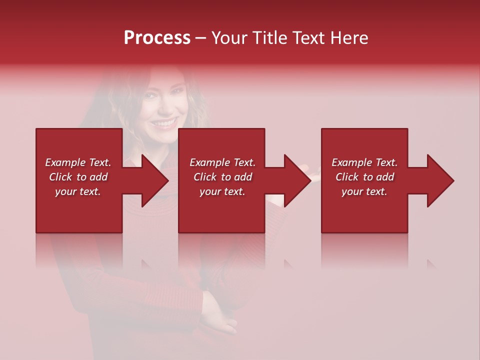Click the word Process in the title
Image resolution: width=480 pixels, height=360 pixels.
tap(157, 38)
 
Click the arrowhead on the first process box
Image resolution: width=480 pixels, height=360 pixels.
tap(152, 180)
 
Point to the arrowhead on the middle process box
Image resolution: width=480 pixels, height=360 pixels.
tap(295, 180)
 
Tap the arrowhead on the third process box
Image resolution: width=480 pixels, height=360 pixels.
tap(438, 180)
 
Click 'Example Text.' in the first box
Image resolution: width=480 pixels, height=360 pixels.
tap(78, 162)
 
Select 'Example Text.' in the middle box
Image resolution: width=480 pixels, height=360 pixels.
tap(222, 162)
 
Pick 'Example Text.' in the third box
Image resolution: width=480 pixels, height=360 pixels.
tap(364, 162)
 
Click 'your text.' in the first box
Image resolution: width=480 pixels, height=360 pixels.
tap(78, 191)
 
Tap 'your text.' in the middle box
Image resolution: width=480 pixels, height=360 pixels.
tap(222, 191)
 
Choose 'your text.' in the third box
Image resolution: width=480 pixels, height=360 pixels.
tap(364, 191)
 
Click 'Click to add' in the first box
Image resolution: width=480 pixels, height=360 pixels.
tap(78, 177)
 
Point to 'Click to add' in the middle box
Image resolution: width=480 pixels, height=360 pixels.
tap(222, 177)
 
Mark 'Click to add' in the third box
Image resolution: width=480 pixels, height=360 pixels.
tap(364, 177)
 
